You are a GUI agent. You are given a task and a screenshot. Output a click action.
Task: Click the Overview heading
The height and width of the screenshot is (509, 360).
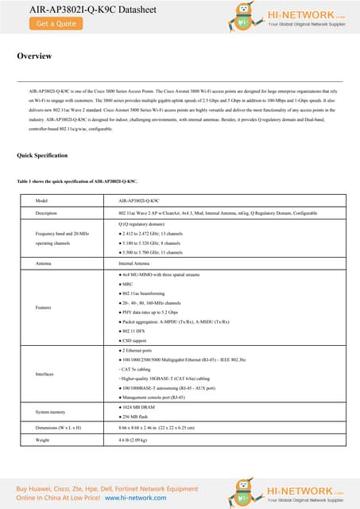tap(34, 56)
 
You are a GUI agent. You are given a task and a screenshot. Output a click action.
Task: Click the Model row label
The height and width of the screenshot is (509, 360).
tap(43, 201)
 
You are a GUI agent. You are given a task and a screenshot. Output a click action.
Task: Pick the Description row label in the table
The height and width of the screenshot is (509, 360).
tap(47, 213)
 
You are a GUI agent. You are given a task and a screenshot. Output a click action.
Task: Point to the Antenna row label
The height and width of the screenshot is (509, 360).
tap(45, 262)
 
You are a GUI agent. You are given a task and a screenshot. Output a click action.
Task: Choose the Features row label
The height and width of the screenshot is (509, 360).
tap(45, 307)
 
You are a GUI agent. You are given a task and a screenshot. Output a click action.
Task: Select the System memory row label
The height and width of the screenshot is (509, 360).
tap(52, 411)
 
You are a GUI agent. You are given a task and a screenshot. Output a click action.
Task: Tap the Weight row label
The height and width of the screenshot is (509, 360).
tap(45, 439)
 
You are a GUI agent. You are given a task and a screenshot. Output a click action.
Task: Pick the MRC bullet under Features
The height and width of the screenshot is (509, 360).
tap(127, 284)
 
